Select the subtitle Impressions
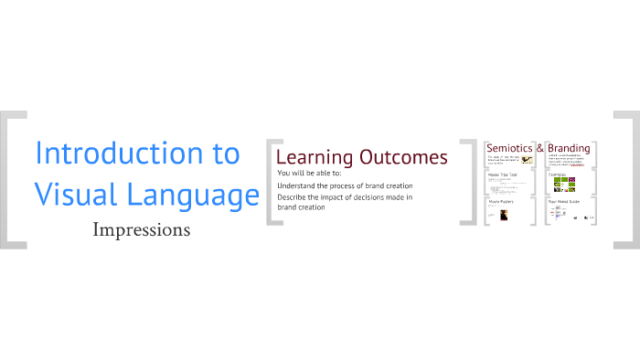tap(142, 229)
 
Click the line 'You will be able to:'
tap(309, 173)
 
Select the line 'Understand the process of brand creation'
tap(345, 185)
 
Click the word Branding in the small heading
tap(569, 148)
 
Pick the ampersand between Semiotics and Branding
tap(540, 148)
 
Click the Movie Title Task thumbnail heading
tap(502, 174)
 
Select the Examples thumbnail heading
tap(558, 174)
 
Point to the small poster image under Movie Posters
tap(503, 216)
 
